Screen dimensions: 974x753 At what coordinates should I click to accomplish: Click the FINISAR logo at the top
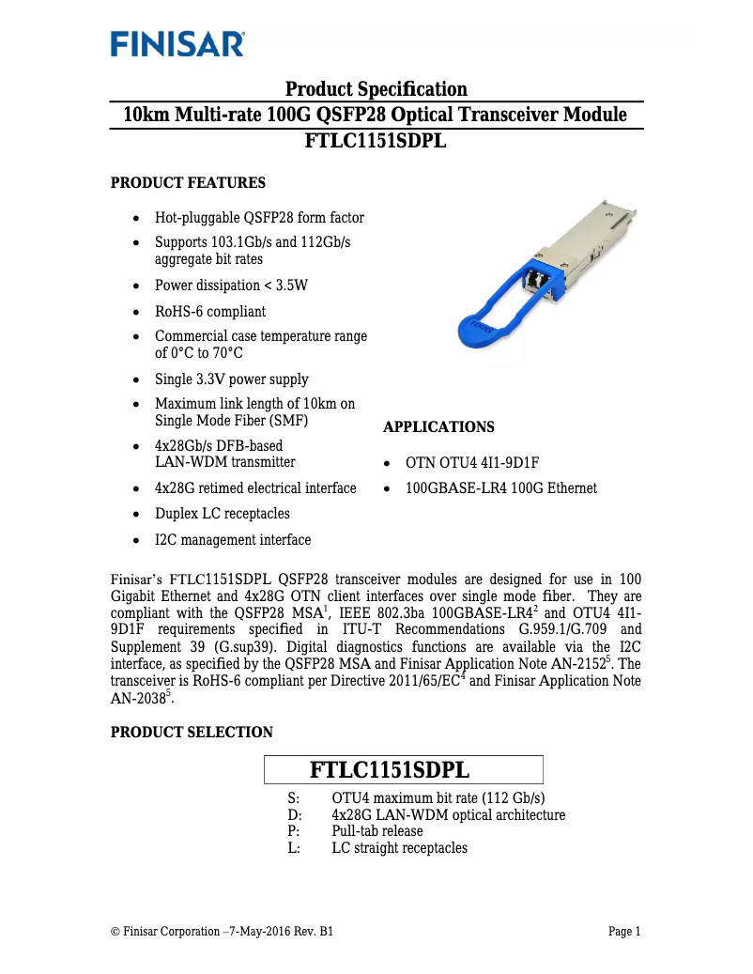pos(177,44)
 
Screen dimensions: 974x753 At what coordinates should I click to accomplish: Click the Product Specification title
pos(376,89)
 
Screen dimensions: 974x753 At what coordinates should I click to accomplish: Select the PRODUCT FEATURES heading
pos(188,182)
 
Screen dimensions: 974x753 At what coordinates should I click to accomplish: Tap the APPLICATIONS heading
pos(438,427)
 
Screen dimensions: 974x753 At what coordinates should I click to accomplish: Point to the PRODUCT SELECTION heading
pos(192,733)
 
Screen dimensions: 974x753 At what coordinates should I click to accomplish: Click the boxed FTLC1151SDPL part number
pos(403,770)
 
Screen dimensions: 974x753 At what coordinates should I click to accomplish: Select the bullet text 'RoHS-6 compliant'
pos(209,311)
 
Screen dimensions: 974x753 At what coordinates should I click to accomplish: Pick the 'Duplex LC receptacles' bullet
pos(222,514)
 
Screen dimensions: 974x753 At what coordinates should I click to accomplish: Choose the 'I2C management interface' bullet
pos(232,540)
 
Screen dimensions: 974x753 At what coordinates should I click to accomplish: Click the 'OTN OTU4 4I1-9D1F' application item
pos(471,463)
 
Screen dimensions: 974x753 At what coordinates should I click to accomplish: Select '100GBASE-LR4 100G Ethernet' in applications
pos(500,488)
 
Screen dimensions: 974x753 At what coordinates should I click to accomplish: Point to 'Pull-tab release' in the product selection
pos(376,831)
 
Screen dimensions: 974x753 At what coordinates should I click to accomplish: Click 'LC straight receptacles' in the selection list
pos(399,848)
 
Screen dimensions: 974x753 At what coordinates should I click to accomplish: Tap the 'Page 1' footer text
pos(624,932)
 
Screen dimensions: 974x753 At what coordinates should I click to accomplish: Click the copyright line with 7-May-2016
pos(222,932)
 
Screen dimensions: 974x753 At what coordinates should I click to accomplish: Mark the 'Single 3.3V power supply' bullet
pos(231,379)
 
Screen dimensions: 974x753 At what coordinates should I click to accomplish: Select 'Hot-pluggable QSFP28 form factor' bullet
pos(259,218)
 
